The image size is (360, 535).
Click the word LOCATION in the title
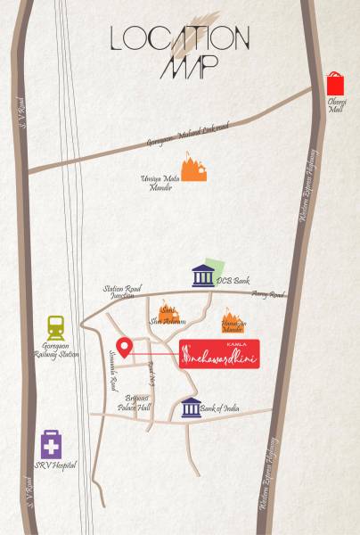[179, 38]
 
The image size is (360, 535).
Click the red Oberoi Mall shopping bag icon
[335, 84]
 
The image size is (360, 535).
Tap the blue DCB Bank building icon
[203, 276]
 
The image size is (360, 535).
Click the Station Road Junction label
[122, 292]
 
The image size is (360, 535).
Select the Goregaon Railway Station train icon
[56, 327]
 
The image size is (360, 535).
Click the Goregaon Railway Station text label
[60, 350]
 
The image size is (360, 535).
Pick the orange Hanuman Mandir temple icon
[232, 321]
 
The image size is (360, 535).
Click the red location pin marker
[125, 348]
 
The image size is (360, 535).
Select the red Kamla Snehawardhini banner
[219, 354]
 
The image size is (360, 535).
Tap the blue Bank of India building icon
[191, 408]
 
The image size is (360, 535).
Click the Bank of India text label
[219, 408]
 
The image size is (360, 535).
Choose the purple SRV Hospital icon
[51, 444]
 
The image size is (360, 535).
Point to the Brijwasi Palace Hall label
[137, 402]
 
